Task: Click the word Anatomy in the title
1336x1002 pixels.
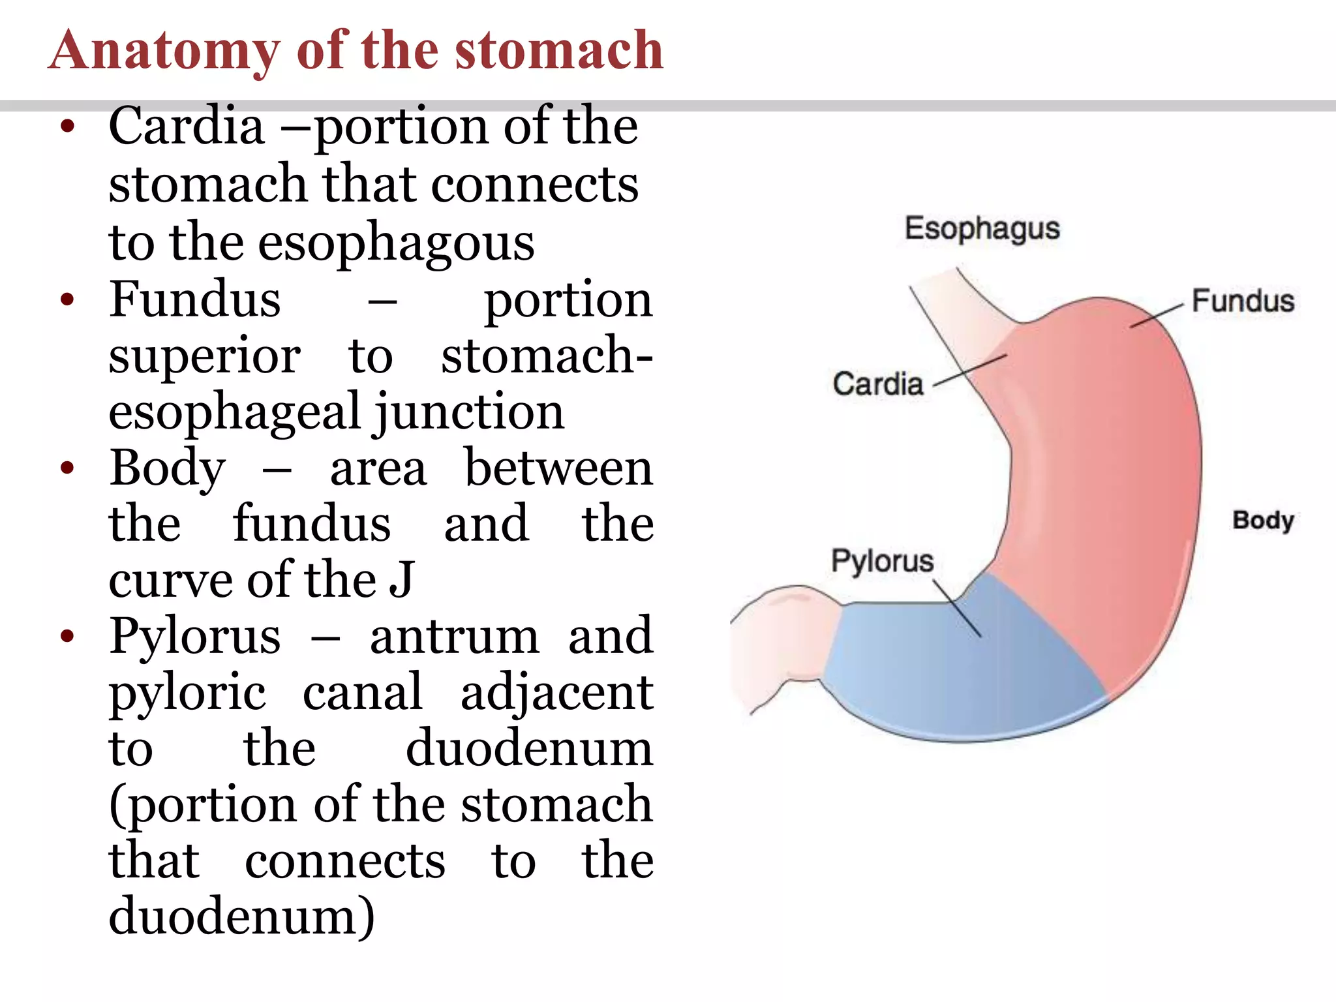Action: tap(165, 52)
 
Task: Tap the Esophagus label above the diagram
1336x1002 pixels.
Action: tap(982, 229)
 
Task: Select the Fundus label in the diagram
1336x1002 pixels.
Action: tap(1243, 301)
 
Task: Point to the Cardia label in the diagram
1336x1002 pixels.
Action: tap(878, 384)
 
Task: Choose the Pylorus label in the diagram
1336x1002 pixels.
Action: tap(882, 561)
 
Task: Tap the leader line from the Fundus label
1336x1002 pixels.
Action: tap(1157, 315)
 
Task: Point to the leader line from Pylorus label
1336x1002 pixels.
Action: tap(957, 608)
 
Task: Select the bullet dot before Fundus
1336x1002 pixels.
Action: tap(67, 300)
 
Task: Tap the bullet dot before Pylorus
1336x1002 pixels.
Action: tap(67, 636)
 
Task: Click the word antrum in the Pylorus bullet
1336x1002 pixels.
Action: tap(454, 637)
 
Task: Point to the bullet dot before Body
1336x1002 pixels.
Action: tap(67, 468)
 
